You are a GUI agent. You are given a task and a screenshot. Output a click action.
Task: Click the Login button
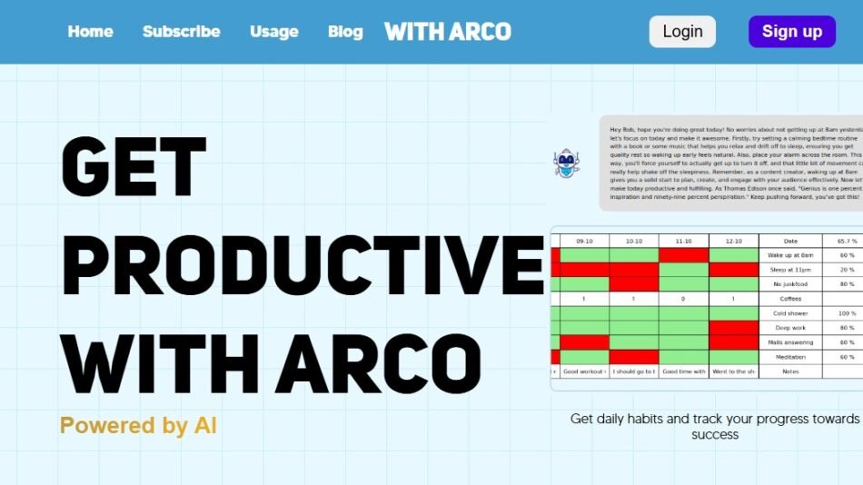[x=682, y=32]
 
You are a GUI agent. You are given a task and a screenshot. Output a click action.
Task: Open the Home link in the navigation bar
[x=91, y=32]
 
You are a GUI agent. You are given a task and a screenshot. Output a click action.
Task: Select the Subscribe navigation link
[x=181, y=32]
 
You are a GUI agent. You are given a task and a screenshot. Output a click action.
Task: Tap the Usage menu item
[x=274, y=32]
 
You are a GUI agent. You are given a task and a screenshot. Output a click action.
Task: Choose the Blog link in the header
[x=345, y=32]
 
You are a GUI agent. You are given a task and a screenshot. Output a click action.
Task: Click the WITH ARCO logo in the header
[x=448, y=32]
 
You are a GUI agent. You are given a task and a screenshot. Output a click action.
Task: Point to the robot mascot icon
[x=566, y=163]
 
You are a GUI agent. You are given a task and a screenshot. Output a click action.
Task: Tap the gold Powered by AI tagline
[x=138, y=425]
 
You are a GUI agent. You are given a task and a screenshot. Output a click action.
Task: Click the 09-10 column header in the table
[x=585, y=241]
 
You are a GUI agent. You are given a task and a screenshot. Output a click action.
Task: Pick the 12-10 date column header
[x=733, y=241]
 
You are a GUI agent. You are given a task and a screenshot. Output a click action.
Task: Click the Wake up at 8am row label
[x=790, y=255]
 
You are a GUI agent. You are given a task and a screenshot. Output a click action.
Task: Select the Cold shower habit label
[x=790, y=313]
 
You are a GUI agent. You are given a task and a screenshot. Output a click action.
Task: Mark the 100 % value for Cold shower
[x=847, y=313]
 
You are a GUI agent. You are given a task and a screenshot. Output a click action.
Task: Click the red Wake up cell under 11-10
[x=684, y=255]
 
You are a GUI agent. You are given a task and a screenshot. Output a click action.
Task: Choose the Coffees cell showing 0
[x=684, y=299]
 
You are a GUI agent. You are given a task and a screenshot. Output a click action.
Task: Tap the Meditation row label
[x=790, y=357]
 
